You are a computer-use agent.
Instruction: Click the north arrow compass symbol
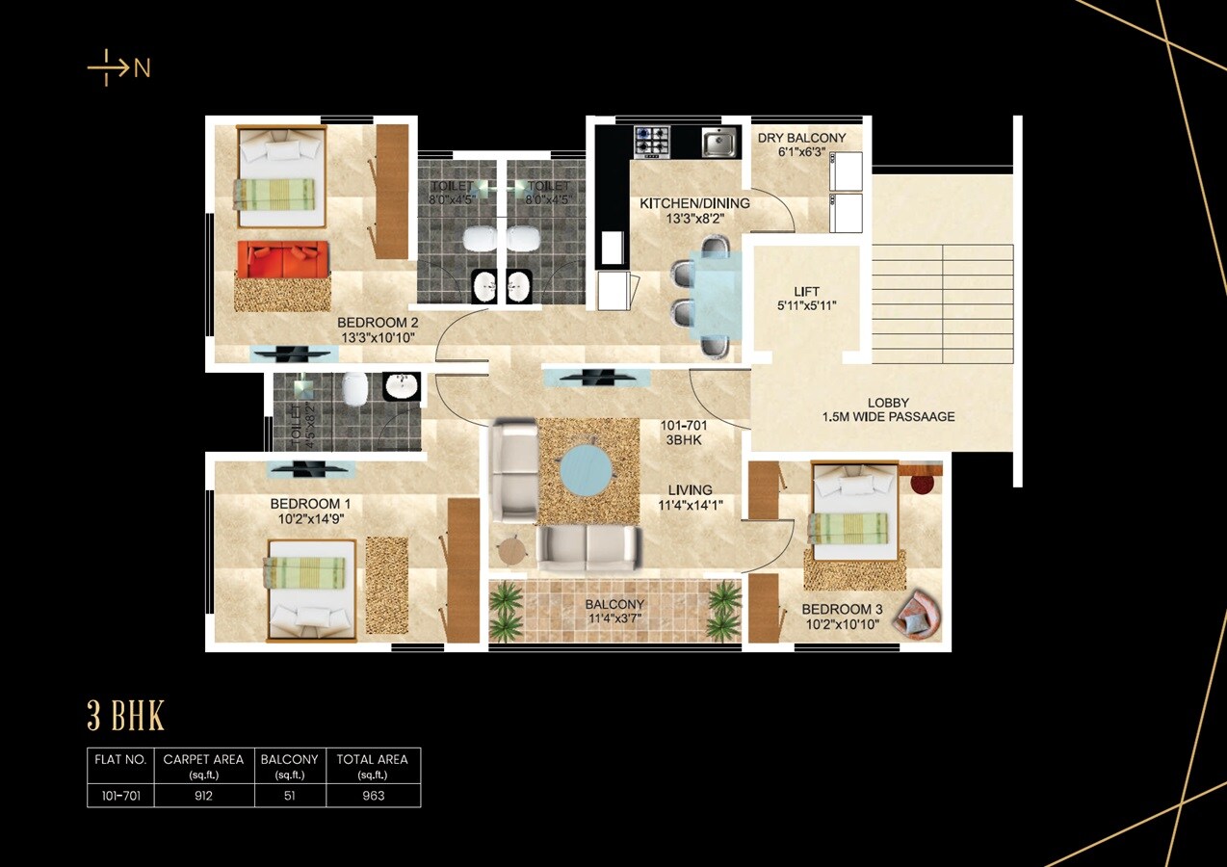pyautogui.click(x=117, y=68)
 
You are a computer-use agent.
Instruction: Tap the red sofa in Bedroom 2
pyautogui.click(x=282, y=259)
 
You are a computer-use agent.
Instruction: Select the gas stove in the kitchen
pyautogui.click(x=651, y=143)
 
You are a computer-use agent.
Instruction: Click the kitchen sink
pyautogui.click(x=718, y=143)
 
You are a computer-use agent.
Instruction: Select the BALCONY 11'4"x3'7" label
pyautogui.click(x=614, y=612)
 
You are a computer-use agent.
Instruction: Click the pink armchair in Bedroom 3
pyautogui.click(x=916, y=614)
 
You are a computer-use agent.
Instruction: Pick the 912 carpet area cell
pyautogui.click(x=203, y=796)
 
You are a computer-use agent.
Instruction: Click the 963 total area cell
pyautogui.click(x=373, y=796)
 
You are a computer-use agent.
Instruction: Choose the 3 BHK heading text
pyautogui.click(x=126, y=717)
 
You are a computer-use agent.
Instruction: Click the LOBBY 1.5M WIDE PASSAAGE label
pyautogui.click(x=888, y=409)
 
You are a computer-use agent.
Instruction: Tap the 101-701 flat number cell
pyautogui.click(x=121, y=796)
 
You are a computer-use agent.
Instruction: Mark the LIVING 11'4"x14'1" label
pyautogui.click(x=690, y=497)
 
